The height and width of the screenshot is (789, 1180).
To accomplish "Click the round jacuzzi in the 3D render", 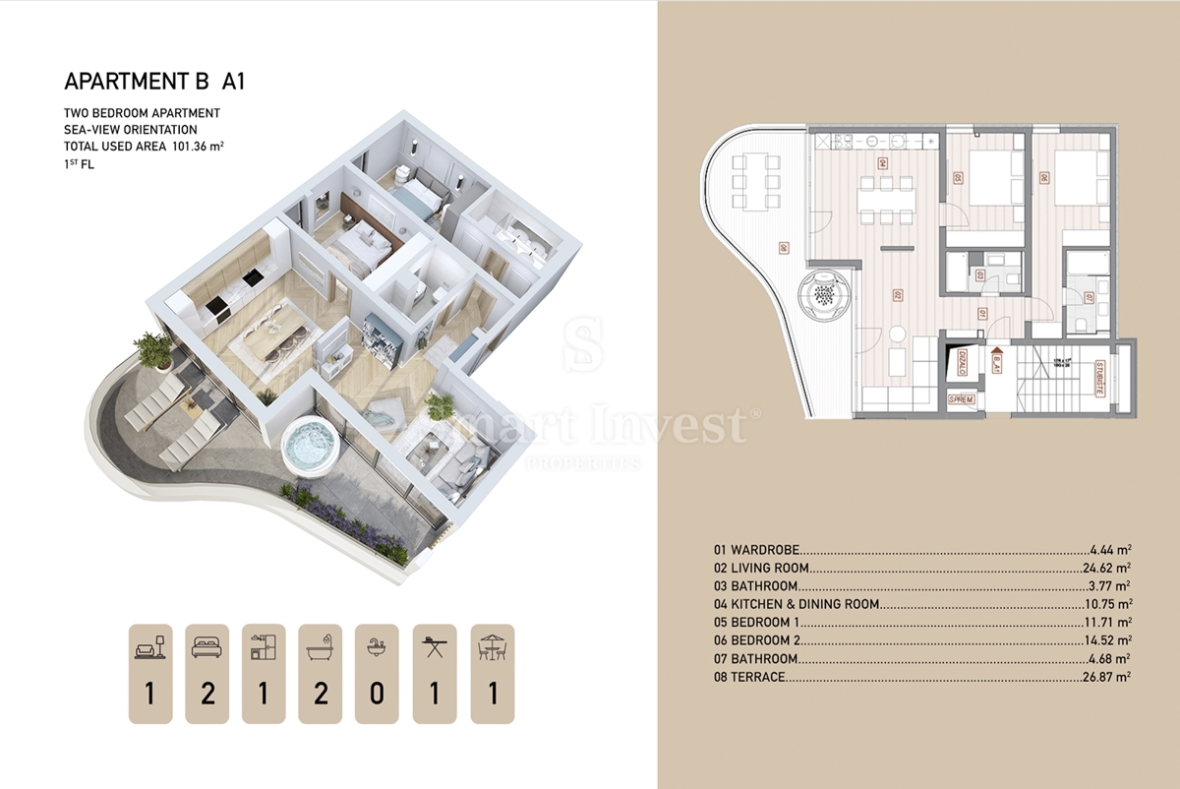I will (x=311, y=449).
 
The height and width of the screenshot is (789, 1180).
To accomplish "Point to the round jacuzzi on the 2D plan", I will (x=825, y=293).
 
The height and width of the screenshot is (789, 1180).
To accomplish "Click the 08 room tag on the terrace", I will (x=784, y=248).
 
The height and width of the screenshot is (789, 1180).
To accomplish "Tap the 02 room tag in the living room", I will (x=897, y=294).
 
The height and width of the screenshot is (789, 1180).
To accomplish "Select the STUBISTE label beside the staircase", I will (x=1098, y=379).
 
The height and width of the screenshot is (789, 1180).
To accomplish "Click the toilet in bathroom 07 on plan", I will (x=1080, y=322).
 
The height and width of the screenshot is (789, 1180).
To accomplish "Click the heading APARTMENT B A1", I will (x=153, y=82).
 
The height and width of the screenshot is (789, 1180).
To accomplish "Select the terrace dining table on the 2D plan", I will (x=753, y=180).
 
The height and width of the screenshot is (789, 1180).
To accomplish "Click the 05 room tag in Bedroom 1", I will (x=958, y=179).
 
